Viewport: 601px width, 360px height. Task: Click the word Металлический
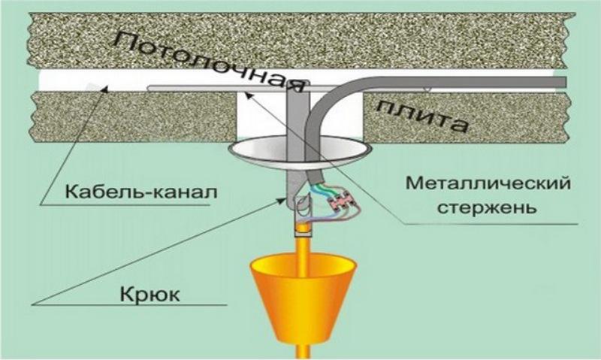tap(474, 184)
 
